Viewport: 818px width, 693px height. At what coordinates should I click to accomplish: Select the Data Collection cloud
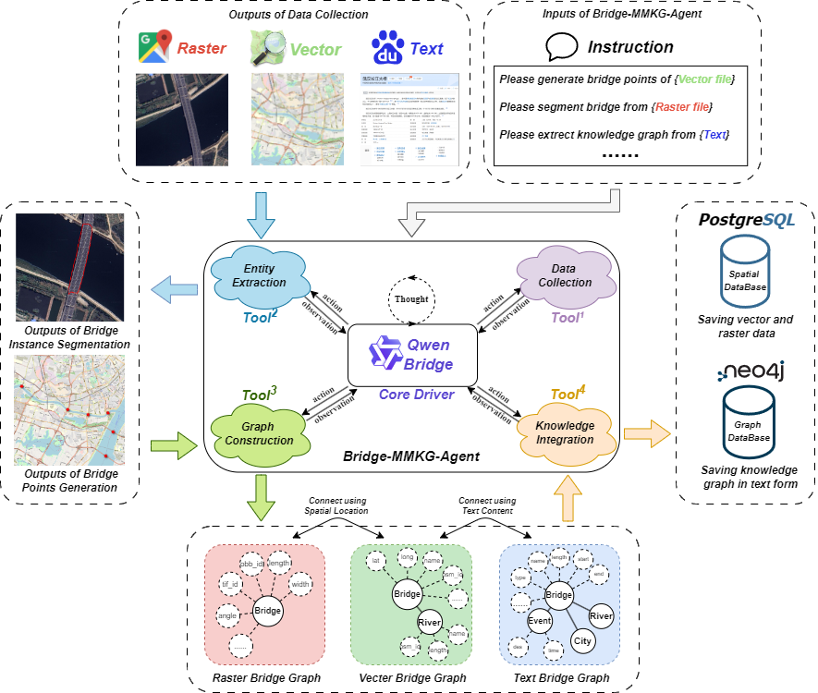tap(565, 275)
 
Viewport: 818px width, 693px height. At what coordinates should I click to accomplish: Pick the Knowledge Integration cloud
tap(565, 432)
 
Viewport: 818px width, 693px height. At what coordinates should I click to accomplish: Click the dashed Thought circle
tap(410, 299)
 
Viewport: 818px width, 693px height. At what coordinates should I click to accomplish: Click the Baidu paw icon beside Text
tap(388, 48)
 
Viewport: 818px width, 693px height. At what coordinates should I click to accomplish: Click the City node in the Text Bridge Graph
tap(582, 639)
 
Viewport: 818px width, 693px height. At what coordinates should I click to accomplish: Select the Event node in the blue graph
tap(540, 622)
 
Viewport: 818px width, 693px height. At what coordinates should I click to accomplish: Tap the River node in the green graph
tap(431, 622)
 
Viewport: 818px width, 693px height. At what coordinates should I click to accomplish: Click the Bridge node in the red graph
tap(267, 611)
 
